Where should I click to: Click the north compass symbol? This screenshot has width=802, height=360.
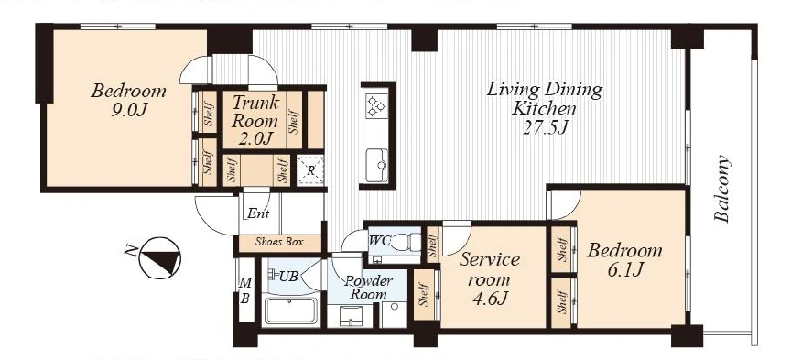pyautogui.click(x=159, y=257)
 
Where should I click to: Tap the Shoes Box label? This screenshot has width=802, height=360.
pyautogui.click(x=279, y=242)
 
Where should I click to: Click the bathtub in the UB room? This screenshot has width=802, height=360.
pyautogui.click(x=290, y=310)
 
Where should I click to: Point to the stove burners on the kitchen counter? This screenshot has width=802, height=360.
pyautogui.click(x=376, y=106)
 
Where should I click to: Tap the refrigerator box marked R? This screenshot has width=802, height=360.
pyautogui.click(x=310, y=170)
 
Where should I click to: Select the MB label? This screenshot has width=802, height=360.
pyautogui.click(x=245, y=289)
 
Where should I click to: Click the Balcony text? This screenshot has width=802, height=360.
pyautogui.click(x=722, y=188)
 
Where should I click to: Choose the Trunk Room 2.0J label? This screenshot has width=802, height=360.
pyautogui.click(x=255, y=120)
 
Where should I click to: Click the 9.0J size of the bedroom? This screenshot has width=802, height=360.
pyautogui.click(x=129, y=110)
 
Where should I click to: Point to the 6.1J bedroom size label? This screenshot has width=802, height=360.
pyautogui.click(x=625, y=269)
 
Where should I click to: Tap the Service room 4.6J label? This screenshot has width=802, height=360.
pyautogui.click(x=491, y=279)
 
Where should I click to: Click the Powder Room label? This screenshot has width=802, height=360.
pyautogui.click(x=368, y=288)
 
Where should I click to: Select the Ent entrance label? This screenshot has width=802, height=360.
pyautogui.click(x=258, y=213)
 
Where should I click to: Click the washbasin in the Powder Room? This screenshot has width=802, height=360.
pyautogui.click(x=351, y=315)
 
